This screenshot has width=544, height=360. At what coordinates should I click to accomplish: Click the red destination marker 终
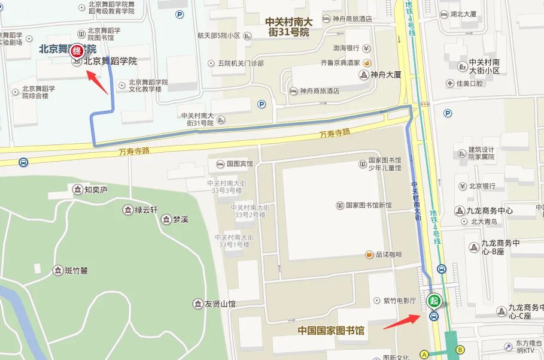77,52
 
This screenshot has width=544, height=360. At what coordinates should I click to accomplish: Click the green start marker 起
434,301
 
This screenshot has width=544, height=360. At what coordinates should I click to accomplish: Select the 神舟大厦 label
385,75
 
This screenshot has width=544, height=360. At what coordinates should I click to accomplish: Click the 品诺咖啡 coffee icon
369,255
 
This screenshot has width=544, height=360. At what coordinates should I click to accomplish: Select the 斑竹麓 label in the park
75,271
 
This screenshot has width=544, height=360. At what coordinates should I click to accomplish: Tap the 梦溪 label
180,219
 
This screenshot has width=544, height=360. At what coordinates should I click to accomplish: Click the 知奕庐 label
95,190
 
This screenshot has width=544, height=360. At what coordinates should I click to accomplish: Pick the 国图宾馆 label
238,163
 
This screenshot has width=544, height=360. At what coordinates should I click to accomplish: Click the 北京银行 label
482,186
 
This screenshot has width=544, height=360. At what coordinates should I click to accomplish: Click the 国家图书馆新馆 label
368,205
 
